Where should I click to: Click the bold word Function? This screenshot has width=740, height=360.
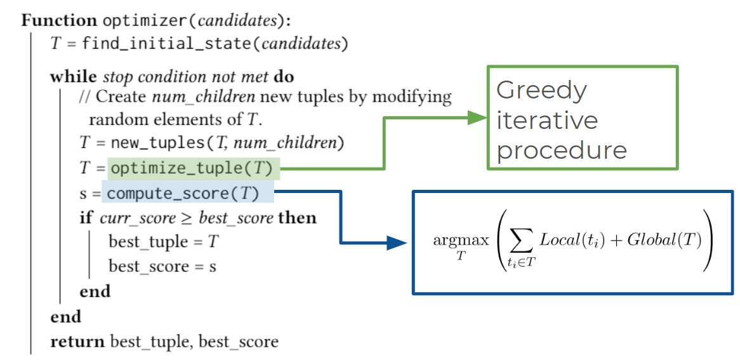pyautogui.click(x=59, y=21)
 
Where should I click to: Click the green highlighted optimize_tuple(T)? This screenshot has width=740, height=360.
pyautogui.click(x=194, y=169)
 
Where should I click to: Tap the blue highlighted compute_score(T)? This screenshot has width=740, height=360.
pyautogui.click(x=188, y=193)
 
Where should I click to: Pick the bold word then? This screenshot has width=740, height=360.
pyautogui.click(x=297, y=218)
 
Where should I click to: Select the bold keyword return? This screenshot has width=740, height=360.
pyautogui.click(x=77, y=340)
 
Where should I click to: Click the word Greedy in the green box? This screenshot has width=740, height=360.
pyautogui.click(x=541, y=90)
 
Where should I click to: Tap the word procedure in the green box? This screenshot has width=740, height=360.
pyautogui.click(x=562, y=150)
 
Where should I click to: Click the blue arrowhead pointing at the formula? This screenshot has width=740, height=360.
pyautogui.click(x=397, y=243)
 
